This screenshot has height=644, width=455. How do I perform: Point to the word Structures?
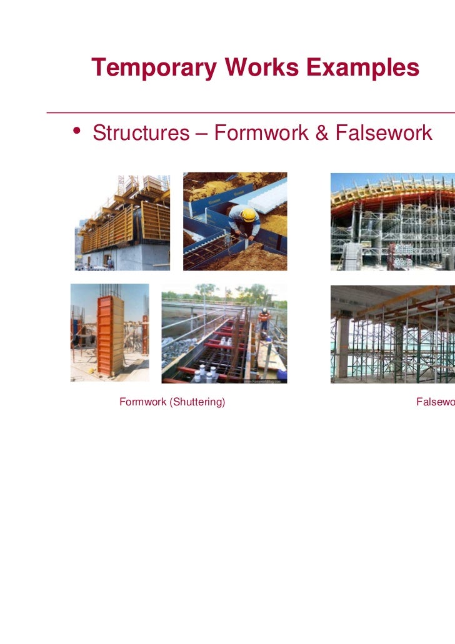click(x=141, y=132)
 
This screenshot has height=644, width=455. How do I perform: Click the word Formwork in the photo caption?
click(x=141, y=402)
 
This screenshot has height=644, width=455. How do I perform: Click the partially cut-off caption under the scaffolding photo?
click(x=435, y=402)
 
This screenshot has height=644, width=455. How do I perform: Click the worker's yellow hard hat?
click(x=248, y=215)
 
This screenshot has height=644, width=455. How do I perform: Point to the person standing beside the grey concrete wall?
click(x=110, y=262)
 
